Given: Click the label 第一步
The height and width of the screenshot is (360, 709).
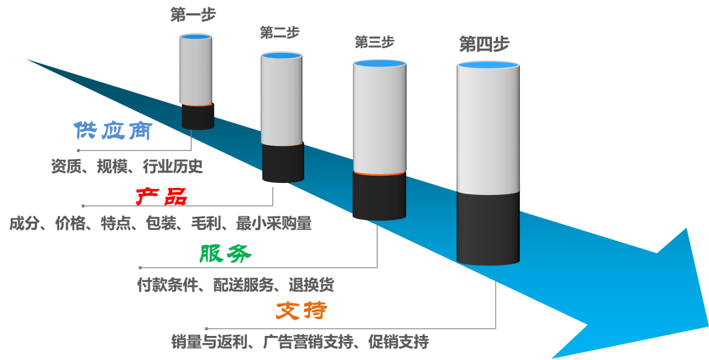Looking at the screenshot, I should pos(193,14).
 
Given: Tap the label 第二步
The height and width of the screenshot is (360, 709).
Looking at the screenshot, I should pos(280,32).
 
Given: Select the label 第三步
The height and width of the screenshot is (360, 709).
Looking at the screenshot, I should pos(374,42).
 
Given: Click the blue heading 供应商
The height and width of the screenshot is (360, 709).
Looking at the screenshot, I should pos(112,131).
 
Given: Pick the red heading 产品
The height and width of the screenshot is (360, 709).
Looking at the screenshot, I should pos(161,196).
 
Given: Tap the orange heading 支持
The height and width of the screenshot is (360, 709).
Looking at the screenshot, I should pos(302,311).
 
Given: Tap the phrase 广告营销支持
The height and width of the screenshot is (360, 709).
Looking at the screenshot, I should pos(308,343).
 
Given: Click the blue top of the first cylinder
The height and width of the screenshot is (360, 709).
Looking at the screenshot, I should pos(196,37).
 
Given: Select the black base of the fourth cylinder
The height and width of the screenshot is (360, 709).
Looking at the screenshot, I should pos(488,229).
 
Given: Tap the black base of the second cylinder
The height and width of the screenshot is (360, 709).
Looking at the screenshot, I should pos(283,163).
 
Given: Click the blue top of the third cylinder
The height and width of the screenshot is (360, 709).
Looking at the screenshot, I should pos(379,63).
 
